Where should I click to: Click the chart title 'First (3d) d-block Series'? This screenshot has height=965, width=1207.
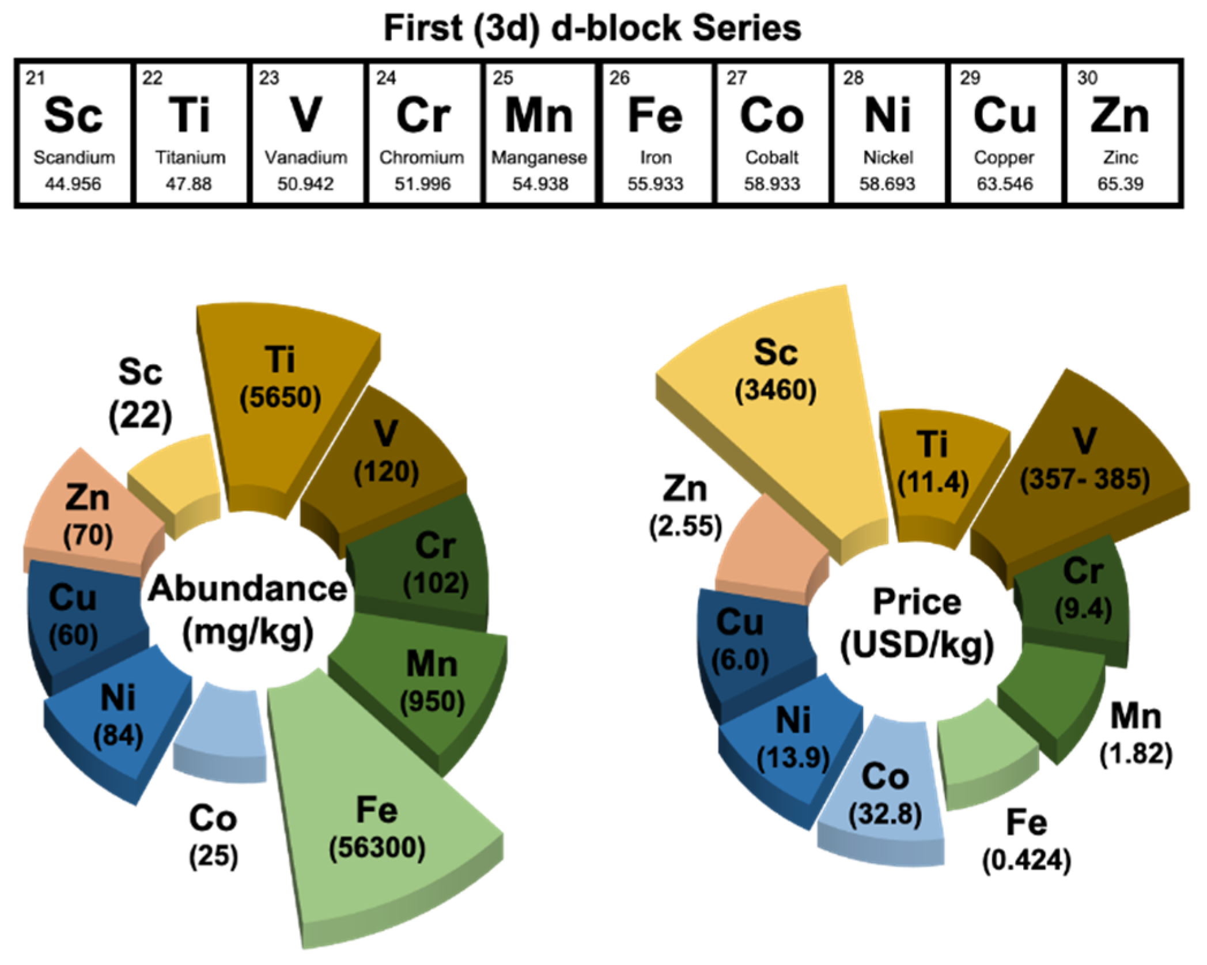coord(592,28)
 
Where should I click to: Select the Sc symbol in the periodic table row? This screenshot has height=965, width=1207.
coord(73,115)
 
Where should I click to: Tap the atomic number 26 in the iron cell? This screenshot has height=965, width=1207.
coord(619,78)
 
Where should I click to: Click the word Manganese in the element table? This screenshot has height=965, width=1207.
coord(539,157)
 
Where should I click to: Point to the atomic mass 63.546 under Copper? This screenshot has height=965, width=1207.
coord(1005,184)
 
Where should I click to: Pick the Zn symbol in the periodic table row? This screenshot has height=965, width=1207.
coord(1121,115)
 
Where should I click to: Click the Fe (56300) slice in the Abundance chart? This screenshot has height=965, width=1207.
coord(377,830)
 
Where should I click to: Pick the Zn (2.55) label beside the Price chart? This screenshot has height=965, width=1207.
coord(685,507)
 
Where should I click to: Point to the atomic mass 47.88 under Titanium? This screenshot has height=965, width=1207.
coord(189,184)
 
